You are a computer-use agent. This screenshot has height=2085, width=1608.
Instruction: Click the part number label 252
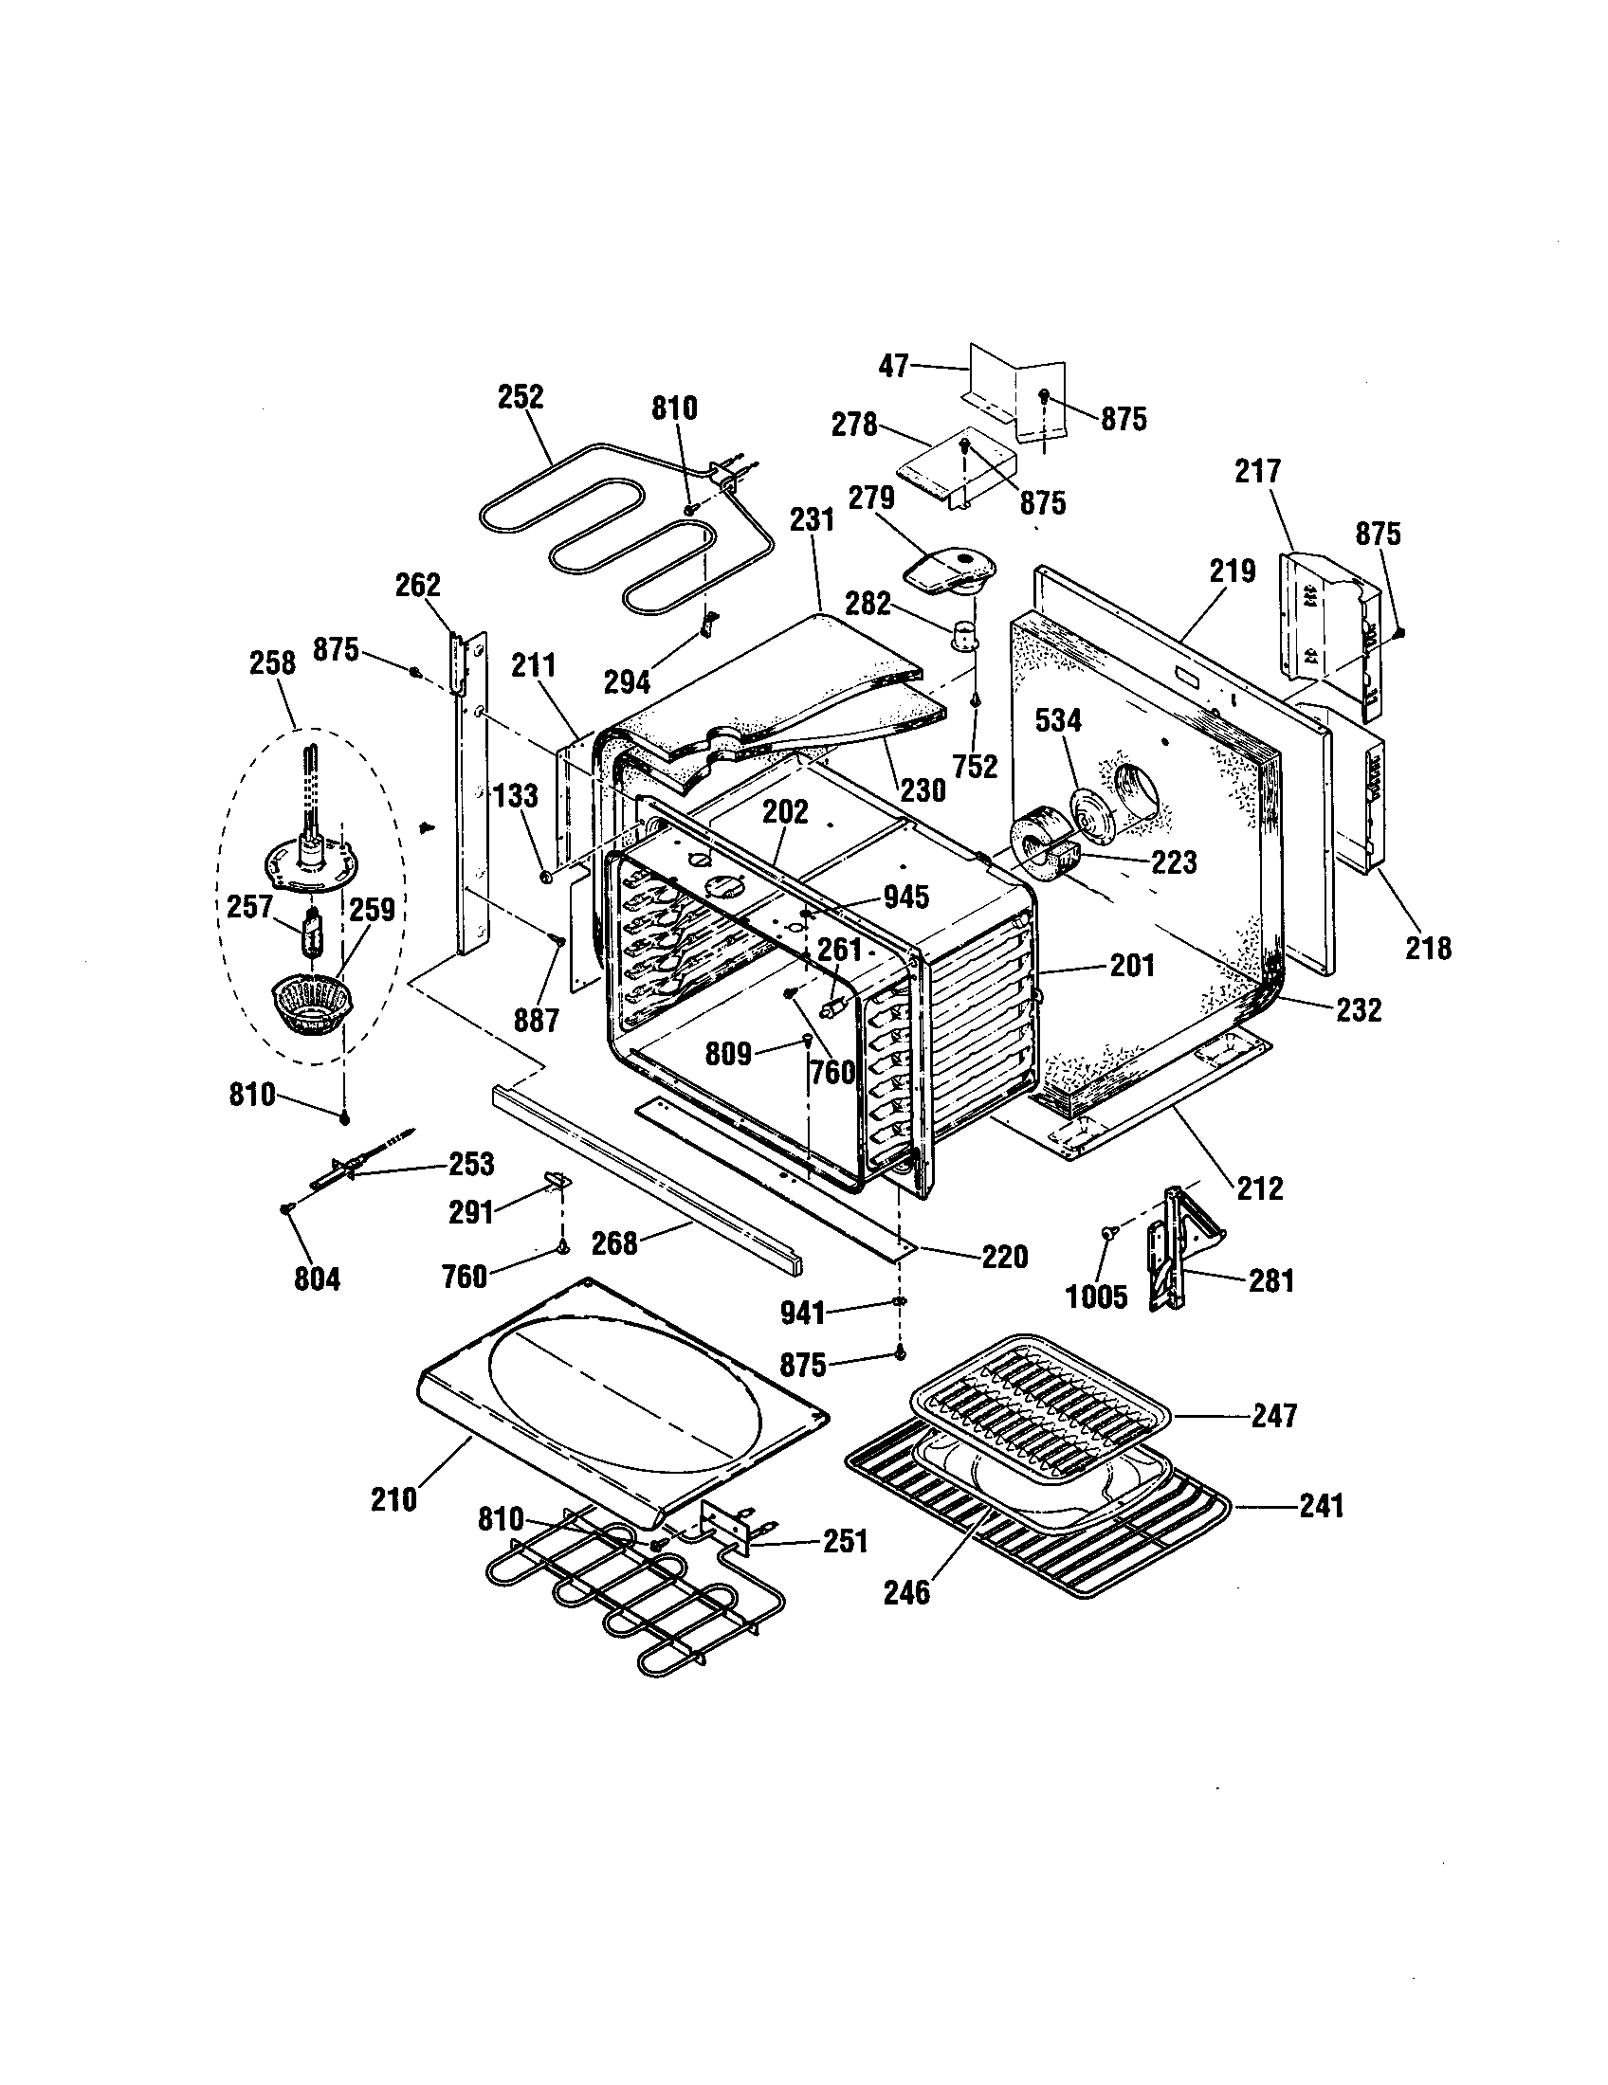point(521,397)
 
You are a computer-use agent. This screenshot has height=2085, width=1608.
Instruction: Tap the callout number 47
point(894,366)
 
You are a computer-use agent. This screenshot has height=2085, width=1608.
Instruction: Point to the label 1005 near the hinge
point(1097,1296)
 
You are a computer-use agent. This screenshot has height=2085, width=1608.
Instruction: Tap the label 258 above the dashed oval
point(272,662)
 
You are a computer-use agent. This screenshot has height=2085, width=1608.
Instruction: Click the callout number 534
point(1058,721)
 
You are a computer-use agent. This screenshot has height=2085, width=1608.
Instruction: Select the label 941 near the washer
point(802,1313)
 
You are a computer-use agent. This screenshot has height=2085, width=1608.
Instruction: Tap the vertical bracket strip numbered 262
point(471,792)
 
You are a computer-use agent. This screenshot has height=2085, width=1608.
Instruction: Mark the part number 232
point(1359,1009)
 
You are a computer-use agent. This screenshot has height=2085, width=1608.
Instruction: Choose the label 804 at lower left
point(316,1278)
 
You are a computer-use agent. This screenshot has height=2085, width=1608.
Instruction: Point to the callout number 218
point(1428,947)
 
